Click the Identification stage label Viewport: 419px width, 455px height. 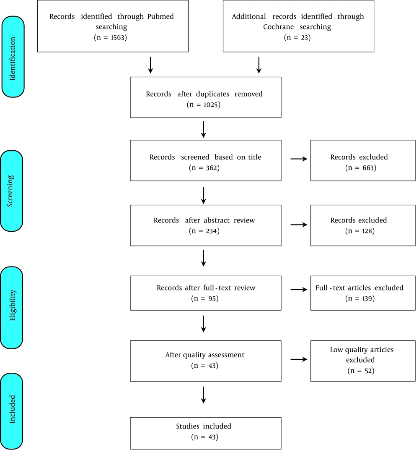[13, 57]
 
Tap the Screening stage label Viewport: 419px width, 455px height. [11, 191]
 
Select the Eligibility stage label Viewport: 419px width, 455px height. [11, 308]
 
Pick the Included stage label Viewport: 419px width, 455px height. [11, 411]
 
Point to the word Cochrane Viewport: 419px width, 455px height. [278, 27]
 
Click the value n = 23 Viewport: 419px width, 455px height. [297, 37]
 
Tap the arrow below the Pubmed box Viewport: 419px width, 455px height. [150, 65]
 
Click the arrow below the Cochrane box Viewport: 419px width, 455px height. [259, 65]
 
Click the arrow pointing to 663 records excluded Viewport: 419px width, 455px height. [299, 159]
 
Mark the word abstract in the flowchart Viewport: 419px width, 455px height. [217, 220]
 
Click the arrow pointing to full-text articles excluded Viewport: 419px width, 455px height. [299, 289]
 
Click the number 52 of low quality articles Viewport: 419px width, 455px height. [368, 371]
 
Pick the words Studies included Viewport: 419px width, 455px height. [204, 426]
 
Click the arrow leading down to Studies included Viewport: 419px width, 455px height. [203, 395]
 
